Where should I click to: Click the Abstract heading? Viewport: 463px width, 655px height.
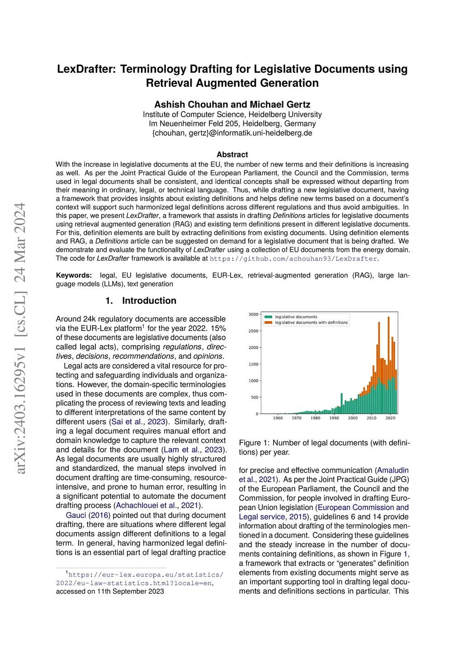point(232,155)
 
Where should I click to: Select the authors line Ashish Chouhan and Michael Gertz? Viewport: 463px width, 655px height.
point(232,104)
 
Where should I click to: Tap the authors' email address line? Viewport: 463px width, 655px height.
point(232,133)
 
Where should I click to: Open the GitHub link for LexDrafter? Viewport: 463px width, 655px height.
point(293,259)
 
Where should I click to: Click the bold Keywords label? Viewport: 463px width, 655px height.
point(74,275)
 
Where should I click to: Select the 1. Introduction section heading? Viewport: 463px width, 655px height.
point(141,301)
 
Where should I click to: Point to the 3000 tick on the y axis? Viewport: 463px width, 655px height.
point(253,314)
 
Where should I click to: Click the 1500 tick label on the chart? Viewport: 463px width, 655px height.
point(253,364)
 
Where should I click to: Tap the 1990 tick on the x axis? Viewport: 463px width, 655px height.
point(334,418)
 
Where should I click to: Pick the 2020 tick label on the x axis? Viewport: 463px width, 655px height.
point(390,418)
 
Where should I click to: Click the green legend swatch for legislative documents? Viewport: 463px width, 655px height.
point(268,317)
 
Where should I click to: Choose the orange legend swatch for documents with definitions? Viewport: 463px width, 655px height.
point(268,323)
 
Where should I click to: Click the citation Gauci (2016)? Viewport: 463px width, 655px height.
point(87,515)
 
